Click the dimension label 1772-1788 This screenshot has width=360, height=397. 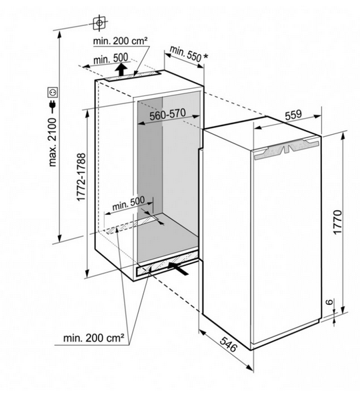[x=81, y=177]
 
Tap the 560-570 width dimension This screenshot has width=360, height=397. [x=167, y=115]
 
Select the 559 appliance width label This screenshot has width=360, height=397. [x=293, y=115]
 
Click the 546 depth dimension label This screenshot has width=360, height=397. [x=228, y=344]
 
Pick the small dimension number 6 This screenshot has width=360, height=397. [x=329, y=302]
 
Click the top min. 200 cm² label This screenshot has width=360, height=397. [x=120, y=41]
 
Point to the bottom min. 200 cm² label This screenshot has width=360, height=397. [x=94, y=338]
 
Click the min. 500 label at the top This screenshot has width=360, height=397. [x=111, y=59]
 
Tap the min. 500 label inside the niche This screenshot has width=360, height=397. [x=129, y=204]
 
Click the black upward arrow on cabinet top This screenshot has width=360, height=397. [x=122, y=69]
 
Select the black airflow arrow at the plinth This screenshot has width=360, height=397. [x=179, y=269]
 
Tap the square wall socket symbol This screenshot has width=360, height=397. [x=53, y=92]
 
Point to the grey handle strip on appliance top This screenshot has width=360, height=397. [x=286, y=149]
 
